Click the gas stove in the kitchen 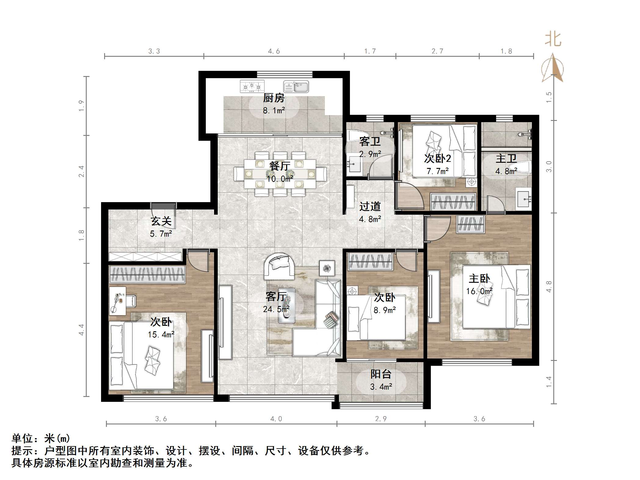click(252, 86)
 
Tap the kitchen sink click(296, 86)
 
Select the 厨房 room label click(274, 98)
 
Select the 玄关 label click(161, 221)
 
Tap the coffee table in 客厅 click(286, 305)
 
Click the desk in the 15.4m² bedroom click(118, 301)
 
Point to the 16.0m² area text click(479, 291)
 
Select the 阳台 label click(381, 374)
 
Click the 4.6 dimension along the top click(274, 51)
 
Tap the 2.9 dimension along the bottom click(381, 419)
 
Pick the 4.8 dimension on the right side click(549, 286)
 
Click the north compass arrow click(553, 68)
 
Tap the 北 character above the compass click(553, 40)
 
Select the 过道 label click(370, 206)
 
